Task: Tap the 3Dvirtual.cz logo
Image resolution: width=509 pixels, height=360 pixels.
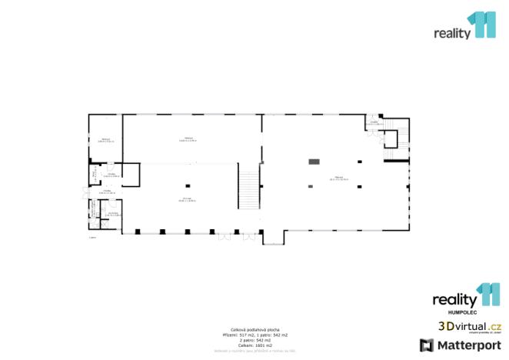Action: [470, 326]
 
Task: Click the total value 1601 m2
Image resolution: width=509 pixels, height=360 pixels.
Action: [254, 346]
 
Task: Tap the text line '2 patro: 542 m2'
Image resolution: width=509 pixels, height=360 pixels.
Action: [254, 341]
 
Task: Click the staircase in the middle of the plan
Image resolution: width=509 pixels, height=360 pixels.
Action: [250, 188]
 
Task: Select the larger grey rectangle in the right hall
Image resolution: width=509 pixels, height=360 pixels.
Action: [314, 161]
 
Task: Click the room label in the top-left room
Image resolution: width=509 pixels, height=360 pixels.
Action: [106, 140]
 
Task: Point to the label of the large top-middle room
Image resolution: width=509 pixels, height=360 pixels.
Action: [188, 139]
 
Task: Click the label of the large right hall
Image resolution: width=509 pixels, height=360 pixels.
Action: [339, 178]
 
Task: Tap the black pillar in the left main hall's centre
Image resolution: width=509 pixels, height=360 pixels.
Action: [188, 185]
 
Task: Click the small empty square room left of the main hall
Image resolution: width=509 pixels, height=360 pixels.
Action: [131, 175]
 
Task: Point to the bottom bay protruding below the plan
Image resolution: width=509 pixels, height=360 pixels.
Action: [273, 237]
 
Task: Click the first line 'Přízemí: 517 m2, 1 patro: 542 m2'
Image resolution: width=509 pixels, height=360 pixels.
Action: [254, 335]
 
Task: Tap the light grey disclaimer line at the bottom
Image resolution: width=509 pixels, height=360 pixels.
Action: [254, 352]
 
